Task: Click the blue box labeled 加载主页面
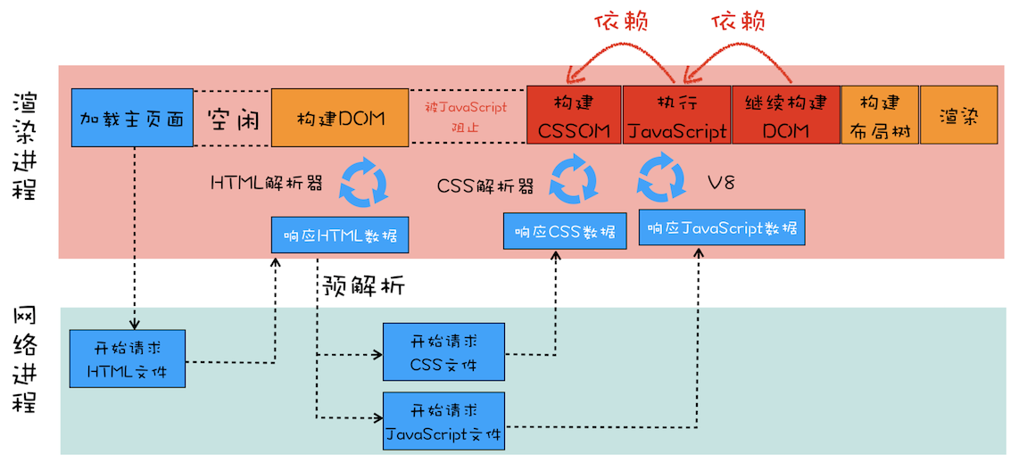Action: click(x=132, y=118)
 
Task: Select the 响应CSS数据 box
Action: click(x=565, y=231)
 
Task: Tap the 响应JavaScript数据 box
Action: click(x=722, y=227)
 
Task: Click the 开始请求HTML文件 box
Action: click(x=128, y=357)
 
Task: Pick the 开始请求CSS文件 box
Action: click(x=443, y=352)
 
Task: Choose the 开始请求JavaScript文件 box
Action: click(x=443, y=422)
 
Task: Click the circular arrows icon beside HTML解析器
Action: click(x=365, y=183)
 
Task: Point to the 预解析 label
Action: click(x=363, y=286)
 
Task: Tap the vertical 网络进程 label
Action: click(x=26, y=359)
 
